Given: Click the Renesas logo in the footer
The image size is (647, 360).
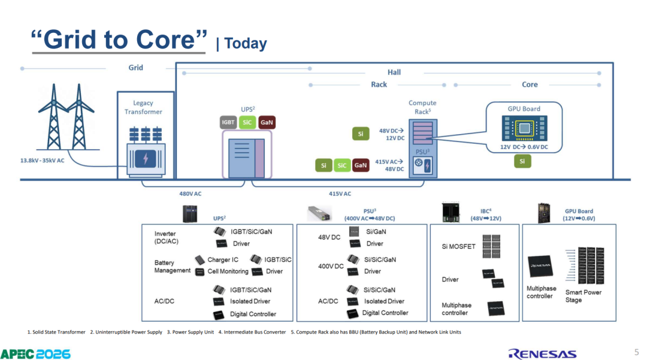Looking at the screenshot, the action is tap(542, 354).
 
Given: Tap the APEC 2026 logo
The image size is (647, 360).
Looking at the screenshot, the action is tap(35, 354).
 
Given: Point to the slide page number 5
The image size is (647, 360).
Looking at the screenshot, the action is tap(637, 352).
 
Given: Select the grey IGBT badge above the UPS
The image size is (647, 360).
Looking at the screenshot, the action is tap(228, 122).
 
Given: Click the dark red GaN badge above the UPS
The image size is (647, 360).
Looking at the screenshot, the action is tap(267, 122).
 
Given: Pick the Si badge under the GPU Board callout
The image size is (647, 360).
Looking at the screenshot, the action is tap(522, 161).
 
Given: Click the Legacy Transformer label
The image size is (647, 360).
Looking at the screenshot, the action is tap(143, 107).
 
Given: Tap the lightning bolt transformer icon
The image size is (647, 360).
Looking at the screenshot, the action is tap(146, 158).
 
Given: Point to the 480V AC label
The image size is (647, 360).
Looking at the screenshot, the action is tap(191, 193).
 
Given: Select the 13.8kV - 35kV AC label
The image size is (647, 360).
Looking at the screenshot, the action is tap(42, 161).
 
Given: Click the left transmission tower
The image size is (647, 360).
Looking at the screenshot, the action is tap(54, 117).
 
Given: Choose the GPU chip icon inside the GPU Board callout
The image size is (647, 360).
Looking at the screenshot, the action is tap(524, 128).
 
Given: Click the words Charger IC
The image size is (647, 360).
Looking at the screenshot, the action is tap(223, 260).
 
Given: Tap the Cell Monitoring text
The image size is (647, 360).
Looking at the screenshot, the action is tap(228, 271).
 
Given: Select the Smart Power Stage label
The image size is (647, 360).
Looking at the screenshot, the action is tap(583, 296).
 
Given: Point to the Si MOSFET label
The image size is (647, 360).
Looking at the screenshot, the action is tap(458, 247).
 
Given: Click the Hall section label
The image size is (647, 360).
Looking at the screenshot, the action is tap(394, 72).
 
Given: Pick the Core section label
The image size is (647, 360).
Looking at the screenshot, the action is tap(530, 84).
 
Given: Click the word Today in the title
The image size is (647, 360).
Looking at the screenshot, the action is tap(246, 43).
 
